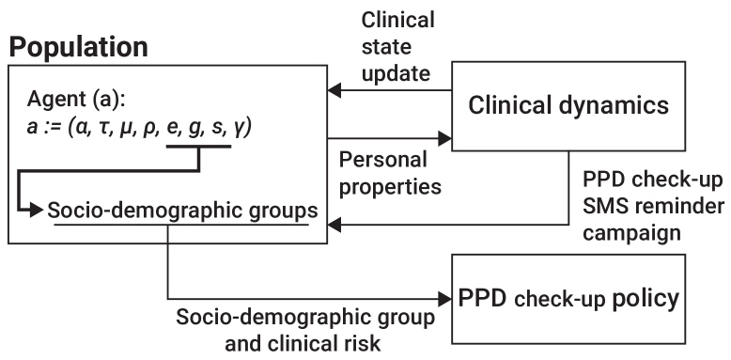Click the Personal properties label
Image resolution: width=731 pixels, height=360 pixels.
389,172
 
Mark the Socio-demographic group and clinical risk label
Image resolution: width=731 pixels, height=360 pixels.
306,329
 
